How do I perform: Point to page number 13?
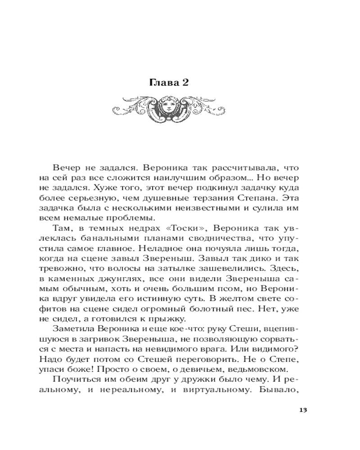(302, 409)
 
